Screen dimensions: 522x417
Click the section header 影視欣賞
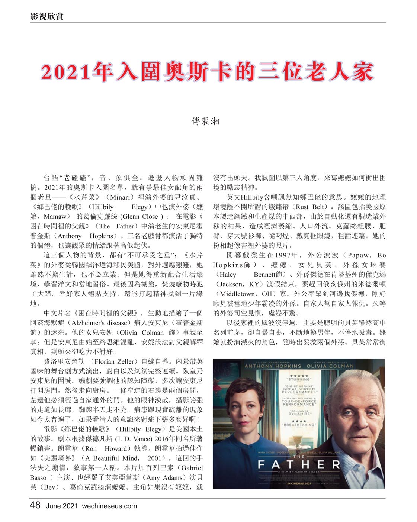[46, 16]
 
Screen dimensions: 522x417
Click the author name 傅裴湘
[205, 121]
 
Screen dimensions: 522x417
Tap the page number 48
[35, 505]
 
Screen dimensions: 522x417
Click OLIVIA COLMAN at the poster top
[330, 366]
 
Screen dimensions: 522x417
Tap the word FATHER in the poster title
[299, 464]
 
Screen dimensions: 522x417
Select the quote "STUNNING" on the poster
[299, 379]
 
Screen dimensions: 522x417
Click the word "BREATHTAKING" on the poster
[299, 424]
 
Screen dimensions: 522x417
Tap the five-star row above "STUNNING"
[299, 376]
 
